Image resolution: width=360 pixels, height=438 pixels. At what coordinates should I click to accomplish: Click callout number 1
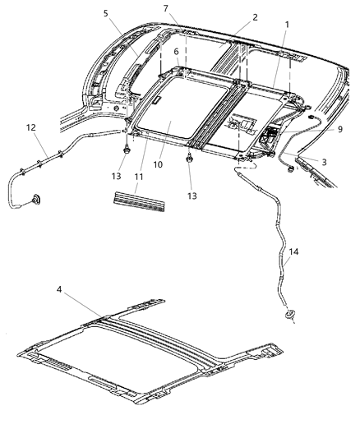coord(287,25)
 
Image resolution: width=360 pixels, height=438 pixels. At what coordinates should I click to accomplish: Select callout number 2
coord(233,17)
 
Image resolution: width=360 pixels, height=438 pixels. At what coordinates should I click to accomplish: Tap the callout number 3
coord(324,162)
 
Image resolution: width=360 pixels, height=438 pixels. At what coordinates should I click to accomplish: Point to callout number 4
coord(59,289)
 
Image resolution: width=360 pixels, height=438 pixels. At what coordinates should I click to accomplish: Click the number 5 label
coord(105,13)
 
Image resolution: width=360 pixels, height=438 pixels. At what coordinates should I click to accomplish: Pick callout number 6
coord(175,50)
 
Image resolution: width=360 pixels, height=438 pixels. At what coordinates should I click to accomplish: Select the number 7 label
coord(165,8)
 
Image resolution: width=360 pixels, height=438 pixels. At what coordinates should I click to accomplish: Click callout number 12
coord(31,128)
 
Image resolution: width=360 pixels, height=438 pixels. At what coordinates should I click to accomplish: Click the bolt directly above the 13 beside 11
coord(125,153)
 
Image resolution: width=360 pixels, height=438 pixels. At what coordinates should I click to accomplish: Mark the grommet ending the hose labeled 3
coord(290,169)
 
